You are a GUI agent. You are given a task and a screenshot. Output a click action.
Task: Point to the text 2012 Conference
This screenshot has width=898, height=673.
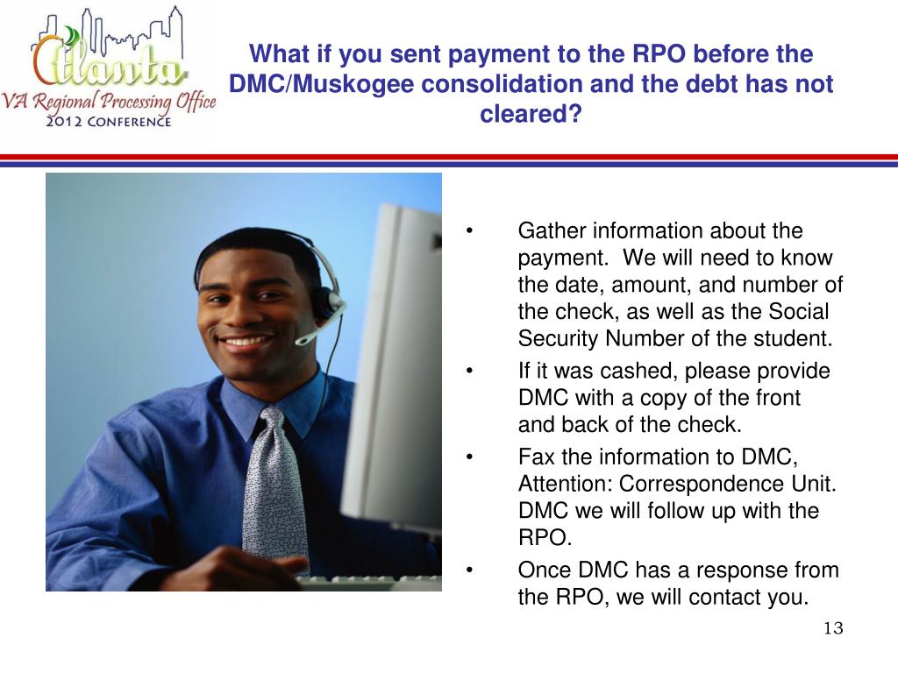[109, 121]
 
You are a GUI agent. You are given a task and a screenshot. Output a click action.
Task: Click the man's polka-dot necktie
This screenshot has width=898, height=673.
[274, 491]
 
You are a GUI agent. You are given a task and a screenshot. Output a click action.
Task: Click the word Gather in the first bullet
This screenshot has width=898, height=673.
[551, 231]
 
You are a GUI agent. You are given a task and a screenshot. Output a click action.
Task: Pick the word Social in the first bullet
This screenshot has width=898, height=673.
[798, 312]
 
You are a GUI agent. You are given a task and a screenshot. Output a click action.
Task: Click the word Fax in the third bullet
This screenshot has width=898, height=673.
[533, 457]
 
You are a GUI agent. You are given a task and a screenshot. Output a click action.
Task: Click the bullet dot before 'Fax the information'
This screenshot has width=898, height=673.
[471, 457]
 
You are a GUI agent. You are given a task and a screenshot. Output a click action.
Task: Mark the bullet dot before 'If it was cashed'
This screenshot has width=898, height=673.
[471, 372]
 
